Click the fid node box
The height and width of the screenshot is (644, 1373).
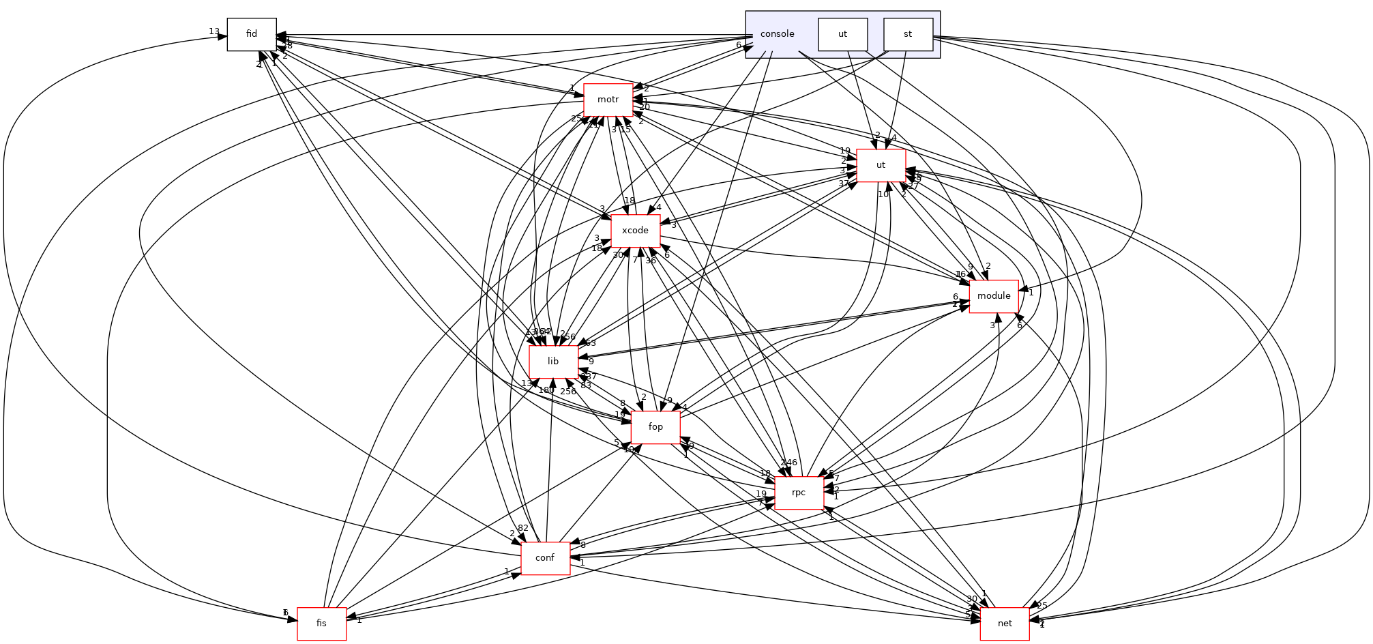252,34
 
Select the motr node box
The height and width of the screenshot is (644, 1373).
608,100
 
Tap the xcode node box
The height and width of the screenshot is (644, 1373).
635,231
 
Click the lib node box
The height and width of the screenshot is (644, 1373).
553,362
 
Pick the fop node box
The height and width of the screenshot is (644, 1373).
655,427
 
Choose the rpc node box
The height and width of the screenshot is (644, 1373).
799,493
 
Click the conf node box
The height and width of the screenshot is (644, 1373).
545,558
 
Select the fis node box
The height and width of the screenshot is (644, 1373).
321,624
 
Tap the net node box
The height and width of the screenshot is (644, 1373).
1005,624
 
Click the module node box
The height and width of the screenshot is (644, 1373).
994,296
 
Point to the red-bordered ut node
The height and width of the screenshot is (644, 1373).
881,165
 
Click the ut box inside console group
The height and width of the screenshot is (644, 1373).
842,34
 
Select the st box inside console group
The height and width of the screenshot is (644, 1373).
908,34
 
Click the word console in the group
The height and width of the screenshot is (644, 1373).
777,34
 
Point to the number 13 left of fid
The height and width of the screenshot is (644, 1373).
214,31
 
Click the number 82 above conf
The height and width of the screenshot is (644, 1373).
523,528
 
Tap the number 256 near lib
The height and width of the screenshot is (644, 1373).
567,392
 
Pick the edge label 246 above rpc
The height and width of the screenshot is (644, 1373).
789,463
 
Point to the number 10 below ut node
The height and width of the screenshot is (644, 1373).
883,194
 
